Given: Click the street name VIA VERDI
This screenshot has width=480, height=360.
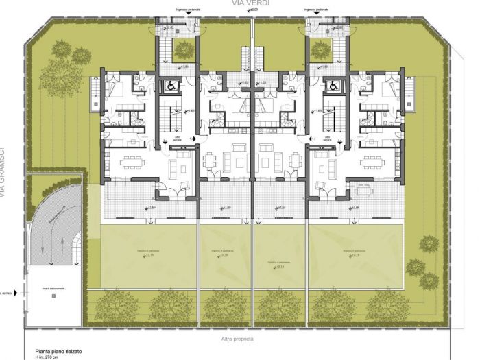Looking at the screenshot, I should click(x=250, y=3).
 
